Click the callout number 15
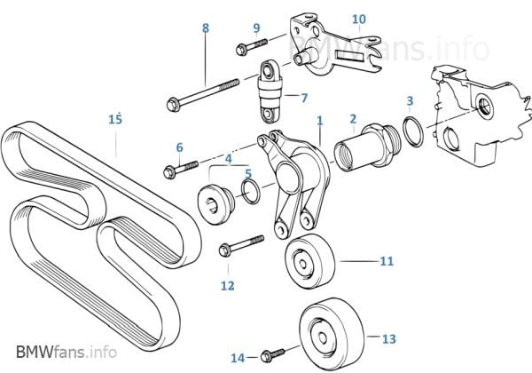114,118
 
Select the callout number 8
206,28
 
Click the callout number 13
388,338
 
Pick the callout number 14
237,358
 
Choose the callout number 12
228,285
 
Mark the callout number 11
387,262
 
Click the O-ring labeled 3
412,131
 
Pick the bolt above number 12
239,244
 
